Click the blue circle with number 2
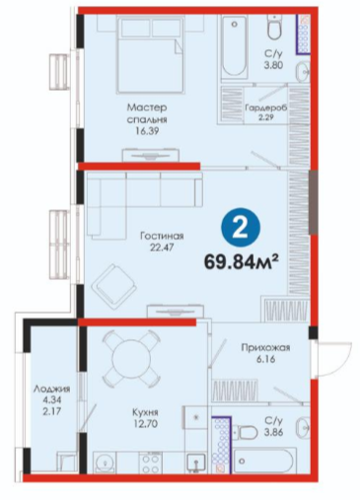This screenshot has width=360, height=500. pyautogui.click(x=241, y=227)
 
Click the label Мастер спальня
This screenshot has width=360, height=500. pyautogui.click(x=147, y=113)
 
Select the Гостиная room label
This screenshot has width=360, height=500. pyautogui.click(x=162, y=236)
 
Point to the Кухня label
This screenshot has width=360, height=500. pyautogui.click(x=145, y=412)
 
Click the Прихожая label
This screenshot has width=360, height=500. pyautogui.click(x=265, y=347)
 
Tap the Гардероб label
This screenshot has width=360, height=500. pyautogui.click(x=266, y=107)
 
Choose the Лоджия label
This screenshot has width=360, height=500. pyautogui.click(x=52, y=389)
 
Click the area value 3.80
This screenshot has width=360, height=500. pyautogui.click(x=273, y=65)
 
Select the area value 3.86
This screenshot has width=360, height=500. pyautogui.click(x=273, y=432)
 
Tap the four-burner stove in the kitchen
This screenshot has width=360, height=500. pyautogui.click(x=151, y=463)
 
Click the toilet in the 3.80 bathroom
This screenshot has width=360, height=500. pyautogui.click(x=273, y=28)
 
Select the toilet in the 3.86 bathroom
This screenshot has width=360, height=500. pyautogui.click(x=248, y=432)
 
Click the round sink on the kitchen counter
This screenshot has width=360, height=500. pyautogui.click(x=105, y=463)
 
